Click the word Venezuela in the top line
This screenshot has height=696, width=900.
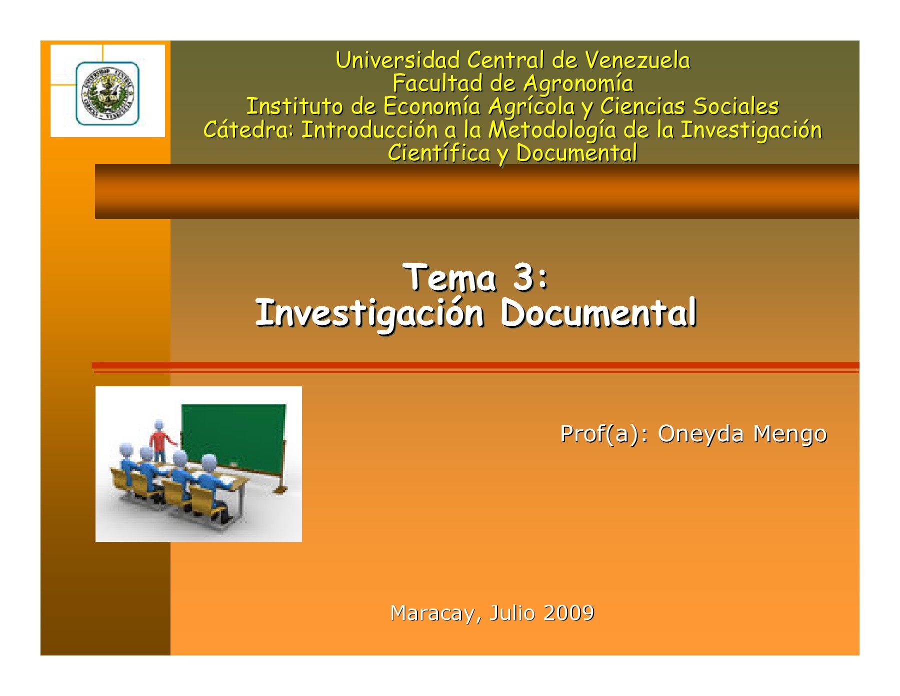(x=637, y=61)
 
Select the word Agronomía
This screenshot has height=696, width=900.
(x=578, y=84)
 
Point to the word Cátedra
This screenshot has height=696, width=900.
(x=248, y=130)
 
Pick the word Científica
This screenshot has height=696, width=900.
(x=439, y=153)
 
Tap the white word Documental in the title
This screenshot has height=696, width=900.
(x=598, y=313)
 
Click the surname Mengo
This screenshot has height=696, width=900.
(x=790, y=433)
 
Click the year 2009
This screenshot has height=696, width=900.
(x=568, y=613)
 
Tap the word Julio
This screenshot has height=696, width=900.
(x=512, y=613)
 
